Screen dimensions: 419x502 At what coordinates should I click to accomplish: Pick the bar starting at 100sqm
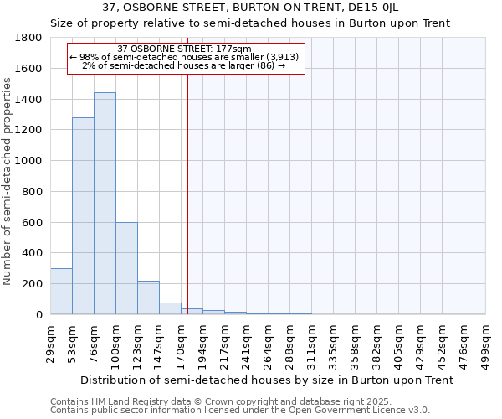[126, 268]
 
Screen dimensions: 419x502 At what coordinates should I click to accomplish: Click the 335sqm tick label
[333, 341]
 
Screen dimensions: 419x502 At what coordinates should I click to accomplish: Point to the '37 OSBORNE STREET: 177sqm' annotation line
[185, 49]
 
